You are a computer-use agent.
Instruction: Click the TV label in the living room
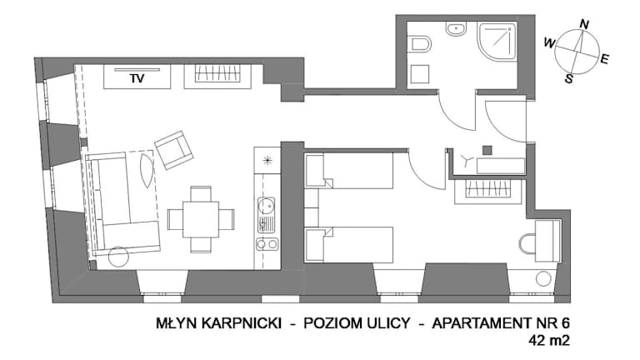137,78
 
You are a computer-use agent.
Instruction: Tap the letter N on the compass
584,24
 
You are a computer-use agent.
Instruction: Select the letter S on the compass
569,78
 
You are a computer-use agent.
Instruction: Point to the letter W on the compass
550,42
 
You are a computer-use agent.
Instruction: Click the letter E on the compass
604,59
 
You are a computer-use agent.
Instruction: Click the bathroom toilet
420,44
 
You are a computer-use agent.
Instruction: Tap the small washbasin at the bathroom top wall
456,29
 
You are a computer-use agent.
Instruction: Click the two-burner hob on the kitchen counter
267,244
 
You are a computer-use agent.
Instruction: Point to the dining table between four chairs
201,220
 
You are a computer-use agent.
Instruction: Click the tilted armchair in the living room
174,150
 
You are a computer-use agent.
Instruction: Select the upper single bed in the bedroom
349,170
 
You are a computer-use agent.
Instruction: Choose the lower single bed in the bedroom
349,244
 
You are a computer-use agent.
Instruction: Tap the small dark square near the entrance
487,150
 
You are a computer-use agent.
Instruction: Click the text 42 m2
549,340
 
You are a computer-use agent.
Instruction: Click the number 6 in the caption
565,323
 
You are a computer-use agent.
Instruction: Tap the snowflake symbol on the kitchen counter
267,160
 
